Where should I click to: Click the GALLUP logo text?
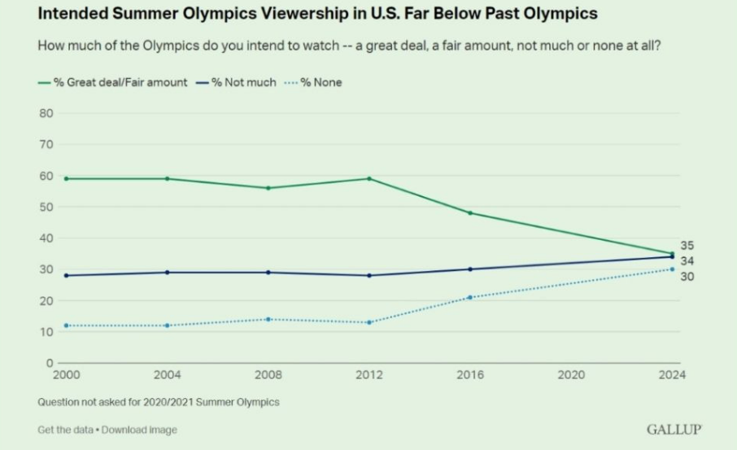tap(674, 430)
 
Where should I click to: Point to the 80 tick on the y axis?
tap(46, 113)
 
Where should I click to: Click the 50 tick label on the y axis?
tap(46, 207)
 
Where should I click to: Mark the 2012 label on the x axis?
tap(369, 375)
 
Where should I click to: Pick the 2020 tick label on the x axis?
tap(572, 375)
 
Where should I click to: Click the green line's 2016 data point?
tap(470, 213)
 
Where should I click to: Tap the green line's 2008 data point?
tap(268, 188)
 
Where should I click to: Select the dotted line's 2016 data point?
tap(470, 297)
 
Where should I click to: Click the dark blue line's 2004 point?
tap(167, 272)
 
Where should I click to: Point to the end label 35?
tap(687, 245)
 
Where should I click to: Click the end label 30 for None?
tap(687, 277)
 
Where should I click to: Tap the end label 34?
tap(687, 260)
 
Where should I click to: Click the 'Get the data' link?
tap(66, 430)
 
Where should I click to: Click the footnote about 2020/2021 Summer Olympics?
tap(158, 402)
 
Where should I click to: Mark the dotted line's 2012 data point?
tap(369, 322)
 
